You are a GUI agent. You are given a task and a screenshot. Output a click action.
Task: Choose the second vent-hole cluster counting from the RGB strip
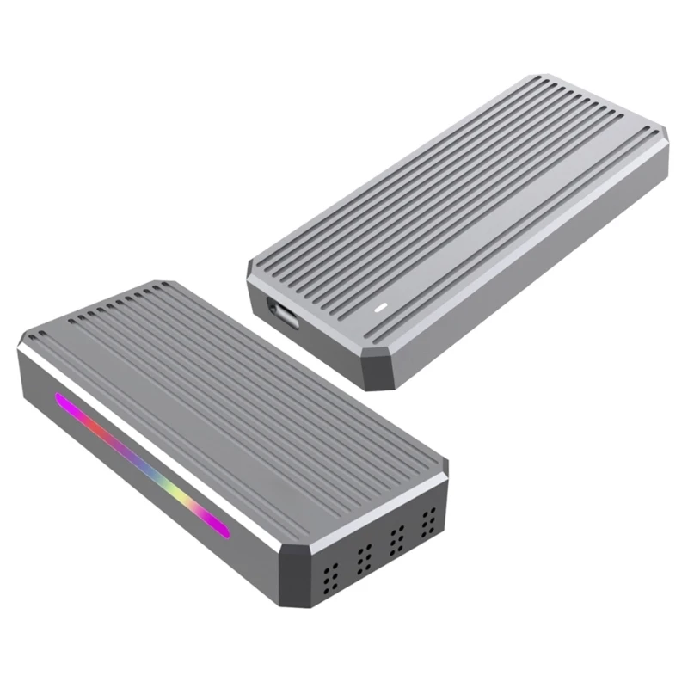pos(364,551)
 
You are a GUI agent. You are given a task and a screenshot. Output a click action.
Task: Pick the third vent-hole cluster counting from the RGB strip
pos(396,536)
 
